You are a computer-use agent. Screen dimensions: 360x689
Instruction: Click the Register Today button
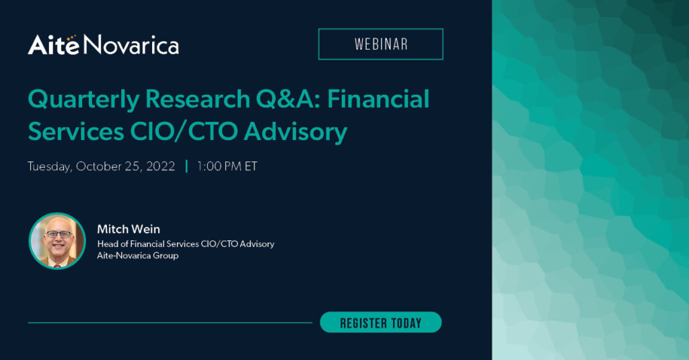point(380,322)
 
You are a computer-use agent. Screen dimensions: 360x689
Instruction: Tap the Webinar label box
point(380,44)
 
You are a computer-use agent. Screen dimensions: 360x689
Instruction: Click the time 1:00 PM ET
point(227,166)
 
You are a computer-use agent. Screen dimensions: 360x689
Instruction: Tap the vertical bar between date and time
point(186,166)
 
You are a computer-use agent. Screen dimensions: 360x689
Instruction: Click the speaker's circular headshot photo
point(57,241)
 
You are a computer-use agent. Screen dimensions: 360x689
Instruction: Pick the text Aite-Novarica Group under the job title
point(138,256)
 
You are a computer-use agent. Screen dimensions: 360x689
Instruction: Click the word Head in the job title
point(108,244)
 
